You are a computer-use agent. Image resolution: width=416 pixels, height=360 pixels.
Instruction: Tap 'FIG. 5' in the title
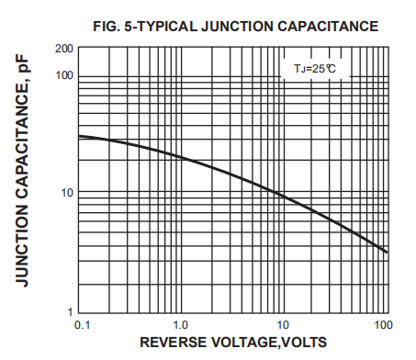pyautogui.click(x=115, y=26)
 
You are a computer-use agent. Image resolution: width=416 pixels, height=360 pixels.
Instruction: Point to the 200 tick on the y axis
pyautogui.click(x=64, y=49)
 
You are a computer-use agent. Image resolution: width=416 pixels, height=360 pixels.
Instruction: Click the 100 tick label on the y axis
pyautogui.click(x=64, y=74)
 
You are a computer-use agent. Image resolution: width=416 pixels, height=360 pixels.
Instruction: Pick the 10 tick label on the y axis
pyautogui.click(x=67, y=193)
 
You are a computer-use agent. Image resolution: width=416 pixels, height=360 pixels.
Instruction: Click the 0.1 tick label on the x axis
pyautogui.click(x=81, y=325)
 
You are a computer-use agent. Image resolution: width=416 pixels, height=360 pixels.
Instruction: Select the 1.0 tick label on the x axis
pyautogui.click(x=181, y=325)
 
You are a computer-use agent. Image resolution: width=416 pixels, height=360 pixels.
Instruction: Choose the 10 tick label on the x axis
pyautogui.click(x=284, y=325)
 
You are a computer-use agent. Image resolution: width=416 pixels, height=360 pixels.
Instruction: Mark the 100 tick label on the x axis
pyautogui.click(x=384, y=325)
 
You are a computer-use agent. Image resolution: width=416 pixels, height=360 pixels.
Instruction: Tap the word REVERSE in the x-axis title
pyautogui.click(x=174, y=344)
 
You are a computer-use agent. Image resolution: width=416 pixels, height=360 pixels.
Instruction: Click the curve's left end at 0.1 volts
pyautogui.click(x=80, y=136)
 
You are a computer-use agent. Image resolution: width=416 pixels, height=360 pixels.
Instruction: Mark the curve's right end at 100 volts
pyautogui.click(x=387, y=252)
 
